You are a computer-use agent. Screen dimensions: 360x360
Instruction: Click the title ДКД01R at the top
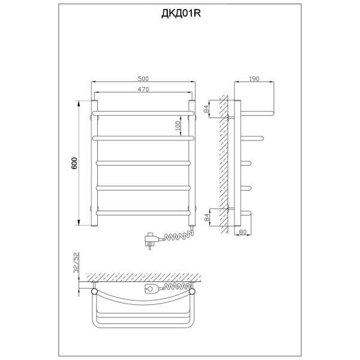[x=181, y=14]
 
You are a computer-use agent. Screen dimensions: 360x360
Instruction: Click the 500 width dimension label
[x=143, y=79]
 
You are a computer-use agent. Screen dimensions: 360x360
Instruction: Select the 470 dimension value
[x=143, y=89]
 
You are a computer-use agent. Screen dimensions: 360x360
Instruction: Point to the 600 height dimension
[x=74, y=163]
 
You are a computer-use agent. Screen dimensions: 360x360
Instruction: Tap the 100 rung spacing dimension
[x=178, y=125]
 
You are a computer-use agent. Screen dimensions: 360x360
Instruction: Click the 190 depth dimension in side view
[x=254, y=79]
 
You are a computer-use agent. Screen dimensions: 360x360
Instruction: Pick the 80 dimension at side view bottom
[x=242, y=232]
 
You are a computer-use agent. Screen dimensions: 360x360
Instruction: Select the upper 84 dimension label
[x=206, y=109]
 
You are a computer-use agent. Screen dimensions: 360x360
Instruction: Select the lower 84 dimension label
[x=206, y=217]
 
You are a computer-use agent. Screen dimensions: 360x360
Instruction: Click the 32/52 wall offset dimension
[x=76, y=262]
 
